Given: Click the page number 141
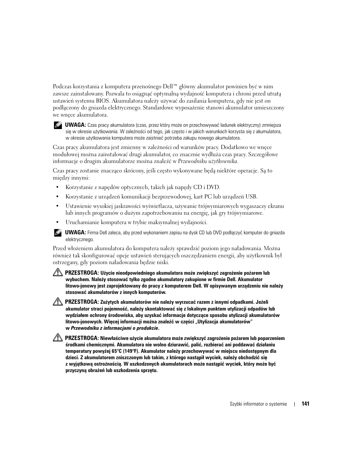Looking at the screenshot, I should (x=305, y=404).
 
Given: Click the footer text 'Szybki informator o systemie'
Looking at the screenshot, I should (x=258, y=404).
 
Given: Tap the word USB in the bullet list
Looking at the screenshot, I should (x=251, y=197).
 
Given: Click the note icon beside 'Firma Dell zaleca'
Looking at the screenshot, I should (x=57, y=233).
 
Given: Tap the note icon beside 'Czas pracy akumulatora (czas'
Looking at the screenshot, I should (x=57, y=125).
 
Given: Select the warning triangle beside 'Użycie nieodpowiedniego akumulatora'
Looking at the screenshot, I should (x=58, y=272).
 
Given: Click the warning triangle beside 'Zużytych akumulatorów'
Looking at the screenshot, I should (x=58, y=302).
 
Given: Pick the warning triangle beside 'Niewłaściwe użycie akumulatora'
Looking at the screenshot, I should (x=58, y=338).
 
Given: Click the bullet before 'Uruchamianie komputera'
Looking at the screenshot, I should (x=57, y=223).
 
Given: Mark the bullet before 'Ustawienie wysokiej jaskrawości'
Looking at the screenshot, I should (x=57, y=206).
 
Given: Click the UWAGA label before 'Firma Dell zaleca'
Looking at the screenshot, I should (x=75, y=233).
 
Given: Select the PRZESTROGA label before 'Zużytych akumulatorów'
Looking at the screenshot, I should (x=82, y=302).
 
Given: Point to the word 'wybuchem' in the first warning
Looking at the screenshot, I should (x=77, y=280).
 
